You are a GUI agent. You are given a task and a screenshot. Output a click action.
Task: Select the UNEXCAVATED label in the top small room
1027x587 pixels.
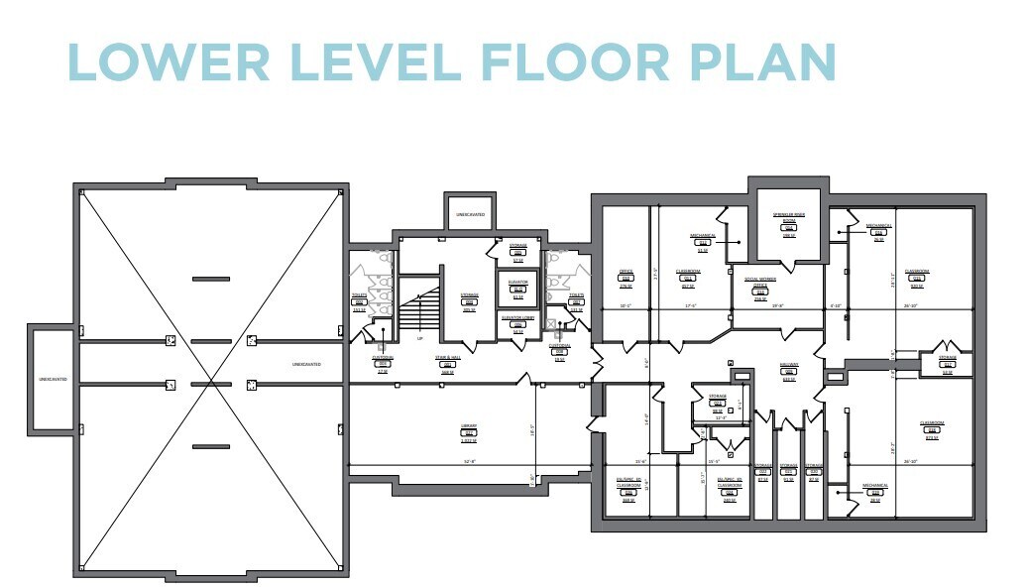(x=471, y=213)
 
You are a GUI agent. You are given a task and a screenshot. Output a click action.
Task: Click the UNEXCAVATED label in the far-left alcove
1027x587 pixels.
(x=53, y=378)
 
